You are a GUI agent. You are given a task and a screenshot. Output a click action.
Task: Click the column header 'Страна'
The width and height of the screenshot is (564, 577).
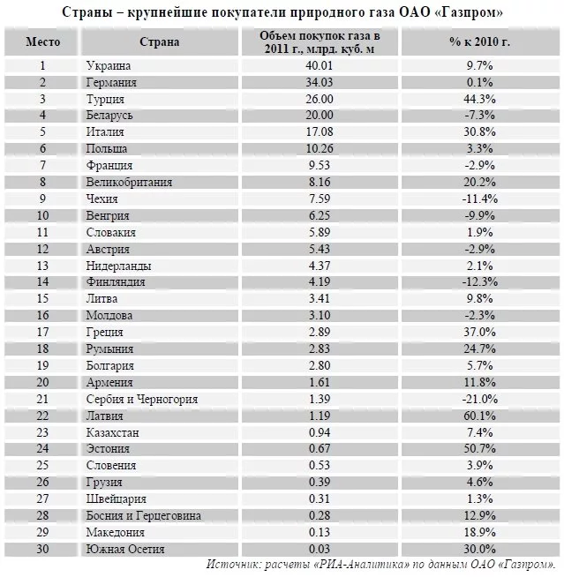pos(159,41)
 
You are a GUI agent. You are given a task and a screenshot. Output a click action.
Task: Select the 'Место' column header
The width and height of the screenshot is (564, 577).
pos(42,41)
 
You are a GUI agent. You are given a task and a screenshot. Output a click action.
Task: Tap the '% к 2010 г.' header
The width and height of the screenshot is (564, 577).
pos(480,41)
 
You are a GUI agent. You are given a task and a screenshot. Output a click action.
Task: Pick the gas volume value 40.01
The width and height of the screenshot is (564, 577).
pos(320,65)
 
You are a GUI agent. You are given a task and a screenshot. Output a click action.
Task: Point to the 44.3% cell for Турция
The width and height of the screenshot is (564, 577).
pos(480,99)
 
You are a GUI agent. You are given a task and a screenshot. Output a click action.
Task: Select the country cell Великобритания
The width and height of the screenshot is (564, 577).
pos(129,183)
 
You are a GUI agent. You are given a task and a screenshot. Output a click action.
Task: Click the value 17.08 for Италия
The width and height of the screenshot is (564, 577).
pos(320,132)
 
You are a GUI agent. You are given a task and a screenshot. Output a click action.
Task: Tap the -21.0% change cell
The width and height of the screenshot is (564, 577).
pos(480,399)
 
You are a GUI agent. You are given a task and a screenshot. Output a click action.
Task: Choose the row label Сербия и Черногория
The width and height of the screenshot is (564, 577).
pos(142,399)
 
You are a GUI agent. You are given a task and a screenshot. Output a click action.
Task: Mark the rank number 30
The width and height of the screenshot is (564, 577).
pos(42,549)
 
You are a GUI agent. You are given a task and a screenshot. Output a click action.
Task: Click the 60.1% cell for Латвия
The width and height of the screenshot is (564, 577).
pos(480,416)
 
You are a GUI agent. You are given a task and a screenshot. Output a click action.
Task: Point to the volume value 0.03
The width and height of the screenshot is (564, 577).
pos(320,549)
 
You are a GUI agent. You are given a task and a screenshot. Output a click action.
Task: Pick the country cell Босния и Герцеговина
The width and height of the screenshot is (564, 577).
pos(144,515)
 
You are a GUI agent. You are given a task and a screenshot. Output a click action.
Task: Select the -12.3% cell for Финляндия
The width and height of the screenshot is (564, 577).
pos(480,282)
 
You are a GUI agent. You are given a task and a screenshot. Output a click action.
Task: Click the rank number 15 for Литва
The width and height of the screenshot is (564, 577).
pos(42,299)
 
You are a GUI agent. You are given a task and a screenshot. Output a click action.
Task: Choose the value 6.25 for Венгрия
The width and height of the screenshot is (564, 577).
pos(320,215)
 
